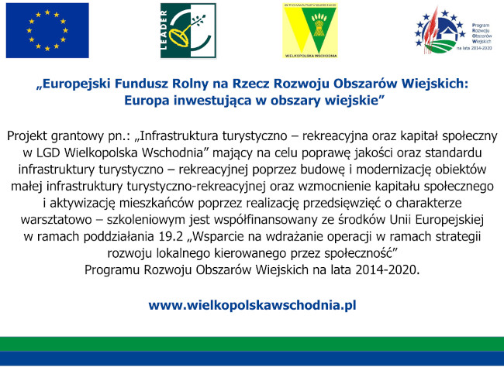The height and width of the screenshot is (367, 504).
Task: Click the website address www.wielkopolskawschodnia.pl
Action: [x=252, y=304]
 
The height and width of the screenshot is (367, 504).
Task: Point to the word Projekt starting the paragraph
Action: [x=28, y=135]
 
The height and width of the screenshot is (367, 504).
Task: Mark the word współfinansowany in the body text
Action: [x=249, y=219]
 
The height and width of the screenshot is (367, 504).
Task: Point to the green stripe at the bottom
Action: [x=252, y=344]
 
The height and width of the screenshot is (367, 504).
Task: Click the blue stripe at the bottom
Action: [x=252, y=359]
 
